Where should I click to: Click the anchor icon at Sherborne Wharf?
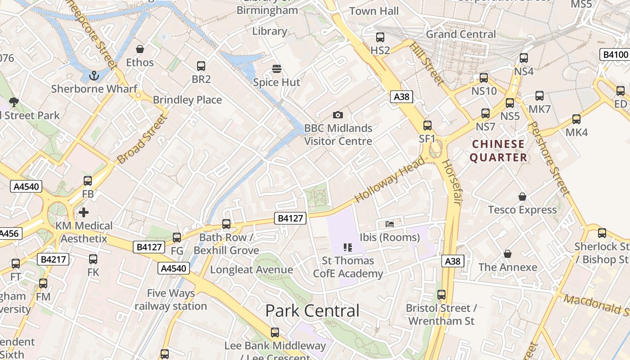click(94, 76)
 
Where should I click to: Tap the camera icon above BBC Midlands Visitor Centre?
click(338, 115)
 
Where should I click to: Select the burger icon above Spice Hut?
click(277, 69)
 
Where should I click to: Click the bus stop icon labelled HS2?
click(380, 37)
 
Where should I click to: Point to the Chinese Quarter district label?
click(498, 151)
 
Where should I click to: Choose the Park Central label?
click(312, 310)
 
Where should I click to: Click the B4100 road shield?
click(615, 55)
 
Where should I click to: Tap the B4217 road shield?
click(54, 259)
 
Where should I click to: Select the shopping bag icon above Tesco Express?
click(522, 197)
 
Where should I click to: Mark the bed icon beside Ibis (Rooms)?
click(390, 224)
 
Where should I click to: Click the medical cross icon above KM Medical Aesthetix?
click(84, 212)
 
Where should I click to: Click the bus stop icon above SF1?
click(427, 126)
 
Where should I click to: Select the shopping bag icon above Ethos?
click(140, 49)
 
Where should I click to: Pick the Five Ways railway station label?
click(171, 300)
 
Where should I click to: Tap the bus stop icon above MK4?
click(576, 119)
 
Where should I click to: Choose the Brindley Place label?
click(187, 100)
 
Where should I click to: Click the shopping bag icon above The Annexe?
click(508, 254)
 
